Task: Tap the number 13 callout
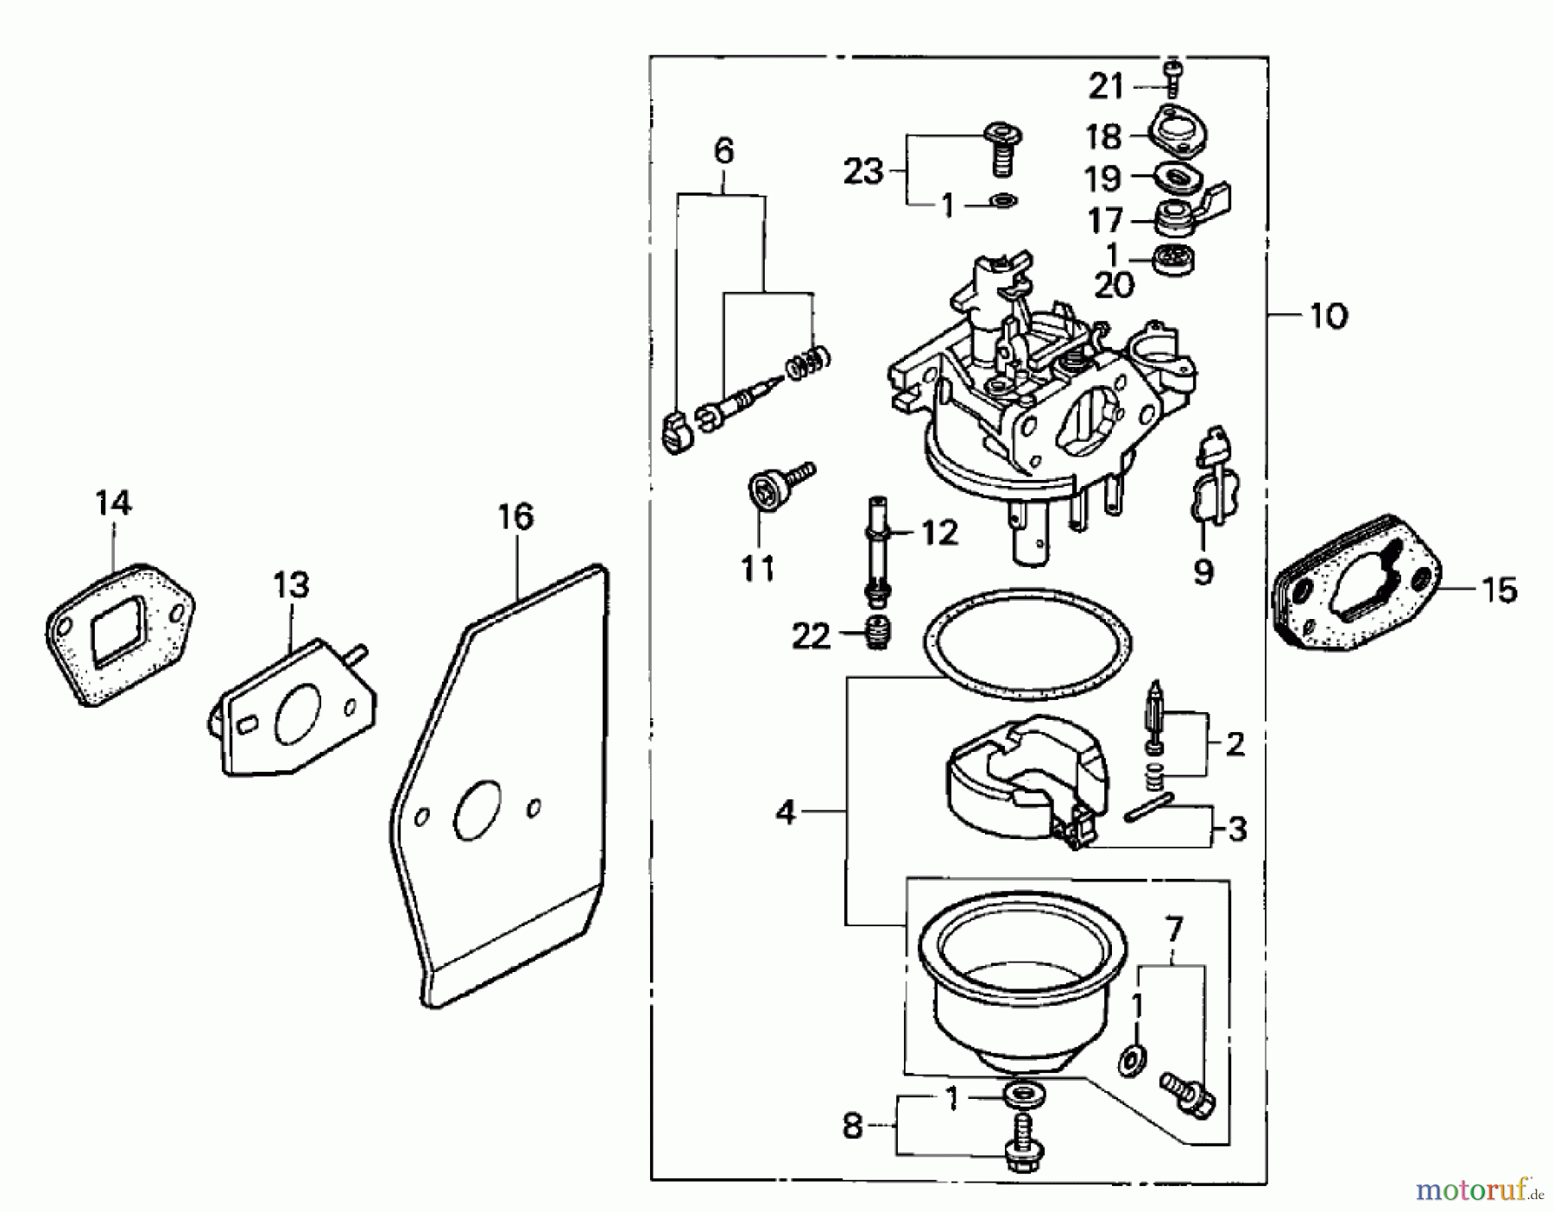[x=291, y=585]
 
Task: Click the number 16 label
[x=515, y=517]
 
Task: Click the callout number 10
[x=1328, y=317]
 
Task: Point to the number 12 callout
[x=939, y=533]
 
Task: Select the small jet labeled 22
[x=876, y=637]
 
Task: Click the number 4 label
[x=785, y=811]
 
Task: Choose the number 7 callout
[x=1174, y=929]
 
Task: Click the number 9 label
[x=1203, y=571]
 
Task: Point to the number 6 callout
[x=723, y=151]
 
